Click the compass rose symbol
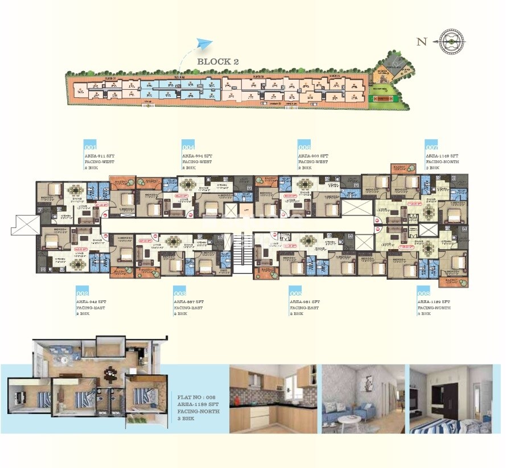(x=451, y=40)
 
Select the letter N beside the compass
(x=422, y=41)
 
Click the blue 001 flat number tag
(x=90, y=144)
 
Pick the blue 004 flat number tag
(x=188, y=144)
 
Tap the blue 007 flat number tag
(x=432, y=144)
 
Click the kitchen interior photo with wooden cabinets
(x=273, y=399)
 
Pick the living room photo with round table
(x=363, y=399)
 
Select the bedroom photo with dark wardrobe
(x=451, y=399)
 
